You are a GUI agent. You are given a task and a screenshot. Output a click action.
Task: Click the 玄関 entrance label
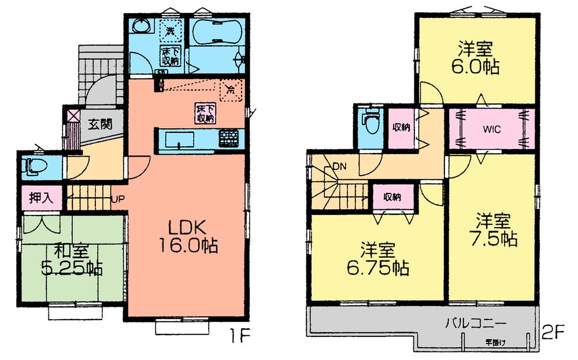coord(100,123)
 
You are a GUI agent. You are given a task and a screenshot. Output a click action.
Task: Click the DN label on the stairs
coord(339,168)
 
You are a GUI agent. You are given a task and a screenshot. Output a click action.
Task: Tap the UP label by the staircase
coord(116,200)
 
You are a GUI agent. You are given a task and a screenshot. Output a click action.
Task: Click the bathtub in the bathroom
coord(216,34)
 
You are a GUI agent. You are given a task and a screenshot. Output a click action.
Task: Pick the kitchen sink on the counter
coord(180,139)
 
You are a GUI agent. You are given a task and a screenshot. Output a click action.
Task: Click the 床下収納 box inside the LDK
coord(205,113)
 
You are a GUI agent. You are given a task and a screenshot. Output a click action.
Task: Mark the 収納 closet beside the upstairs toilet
coord(402,127)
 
